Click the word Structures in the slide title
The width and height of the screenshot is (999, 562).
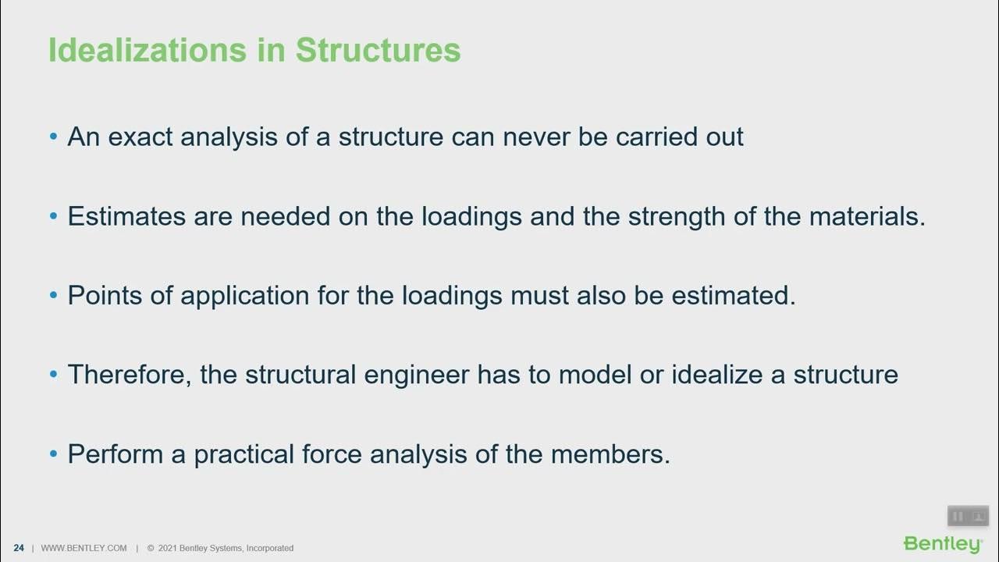(378, 51)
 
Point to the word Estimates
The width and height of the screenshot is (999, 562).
(127, 216)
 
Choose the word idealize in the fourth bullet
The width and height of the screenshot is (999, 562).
(716, 375)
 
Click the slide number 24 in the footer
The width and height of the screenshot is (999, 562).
(19, 548)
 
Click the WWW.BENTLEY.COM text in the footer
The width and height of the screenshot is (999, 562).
(84, 548)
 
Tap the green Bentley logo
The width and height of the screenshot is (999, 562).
(943, 543)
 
